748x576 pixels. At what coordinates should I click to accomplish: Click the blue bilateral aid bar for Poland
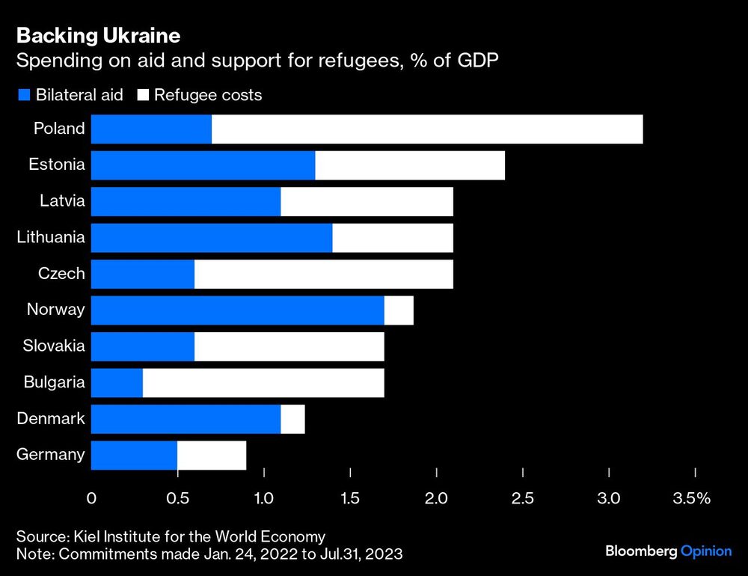(151, 129)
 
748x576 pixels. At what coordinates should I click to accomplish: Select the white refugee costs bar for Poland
(427, 129)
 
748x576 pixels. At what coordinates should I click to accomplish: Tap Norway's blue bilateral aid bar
(237, 310)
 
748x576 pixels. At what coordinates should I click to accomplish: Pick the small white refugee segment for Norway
(399, 310)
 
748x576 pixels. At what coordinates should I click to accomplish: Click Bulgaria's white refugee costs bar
(263, 382)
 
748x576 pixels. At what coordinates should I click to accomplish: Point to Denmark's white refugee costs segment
(292, 418)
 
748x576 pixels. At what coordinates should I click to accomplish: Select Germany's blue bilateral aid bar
(134, 455)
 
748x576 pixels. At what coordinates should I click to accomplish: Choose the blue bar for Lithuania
(212, 237)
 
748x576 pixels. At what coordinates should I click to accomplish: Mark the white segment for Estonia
(410, 165)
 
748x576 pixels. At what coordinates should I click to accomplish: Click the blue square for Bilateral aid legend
(23, 95)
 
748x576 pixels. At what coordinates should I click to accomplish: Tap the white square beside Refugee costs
(142, 95)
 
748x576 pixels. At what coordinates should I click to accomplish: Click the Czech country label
(61, 274)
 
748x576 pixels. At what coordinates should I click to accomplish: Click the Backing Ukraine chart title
(97, 35)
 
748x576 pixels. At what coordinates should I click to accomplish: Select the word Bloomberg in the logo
(641, 551)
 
